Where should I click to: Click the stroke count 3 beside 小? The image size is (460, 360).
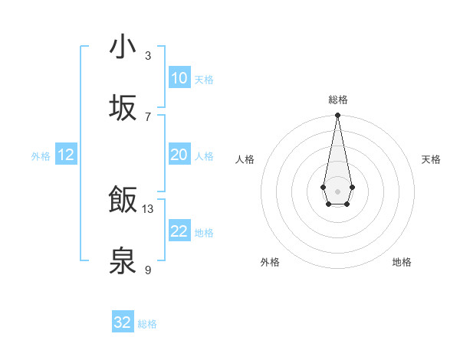tap(148, 55)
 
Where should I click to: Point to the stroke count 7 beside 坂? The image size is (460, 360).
tap(148, 116)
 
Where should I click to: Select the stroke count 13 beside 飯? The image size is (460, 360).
tap(148, 208)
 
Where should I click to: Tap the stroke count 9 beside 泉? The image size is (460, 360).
tap(148, 270)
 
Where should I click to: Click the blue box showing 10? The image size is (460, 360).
tap(179, 77)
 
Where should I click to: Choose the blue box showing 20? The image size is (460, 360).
tap(179, 155)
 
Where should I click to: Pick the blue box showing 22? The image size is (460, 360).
tap(179, 231)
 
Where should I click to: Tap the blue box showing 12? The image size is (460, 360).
tap(66, 155)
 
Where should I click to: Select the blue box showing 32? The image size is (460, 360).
tap(123, 322)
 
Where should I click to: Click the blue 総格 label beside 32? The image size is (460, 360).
tap(147, 324)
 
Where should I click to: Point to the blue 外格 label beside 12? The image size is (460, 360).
tap(41, 156)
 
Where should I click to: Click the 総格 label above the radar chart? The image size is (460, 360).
tap(337, 100)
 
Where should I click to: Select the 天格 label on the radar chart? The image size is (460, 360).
tap(431, 159)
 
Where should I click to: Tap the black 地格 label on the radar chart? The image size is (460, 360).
tap(402, 262)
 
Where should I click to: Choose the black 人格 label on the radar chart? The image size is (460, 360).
tap(245, 159)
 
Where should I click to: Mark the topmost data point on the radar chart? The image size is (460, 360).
tap(337, 115)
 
